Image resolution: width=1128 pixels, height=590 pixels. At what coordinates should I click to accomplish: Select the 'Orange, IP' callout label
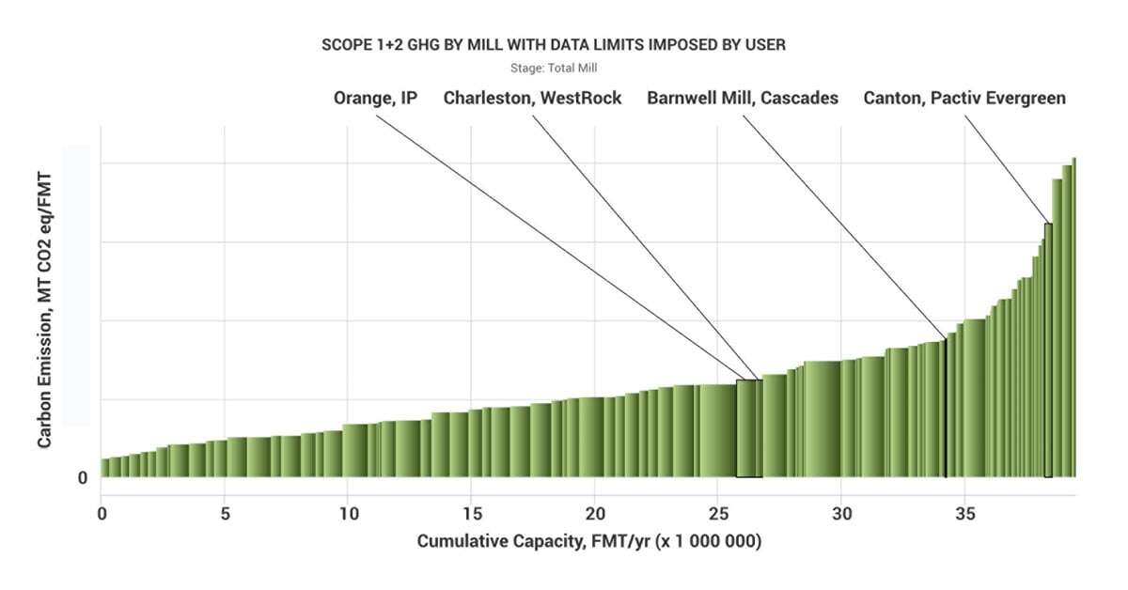coord(375,98)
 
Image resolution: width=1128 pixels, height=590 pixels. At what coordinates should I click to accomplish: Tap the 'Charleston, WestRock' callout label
coord(532,98)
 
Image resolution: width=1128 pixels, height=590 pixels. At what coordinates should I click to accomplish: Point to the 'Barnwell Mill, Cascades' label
coord(742,98)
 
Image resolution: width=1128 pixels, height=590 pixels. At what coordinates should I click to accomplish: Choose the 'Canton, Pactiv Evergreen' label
coord(964,98)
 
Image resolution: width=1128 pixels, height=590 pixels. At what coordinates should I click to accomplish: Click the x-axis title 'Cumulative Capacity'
coord(588,542)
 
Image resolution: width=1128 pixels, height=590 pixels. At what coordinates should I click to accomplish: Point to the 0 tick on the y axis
coord(83,477)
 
